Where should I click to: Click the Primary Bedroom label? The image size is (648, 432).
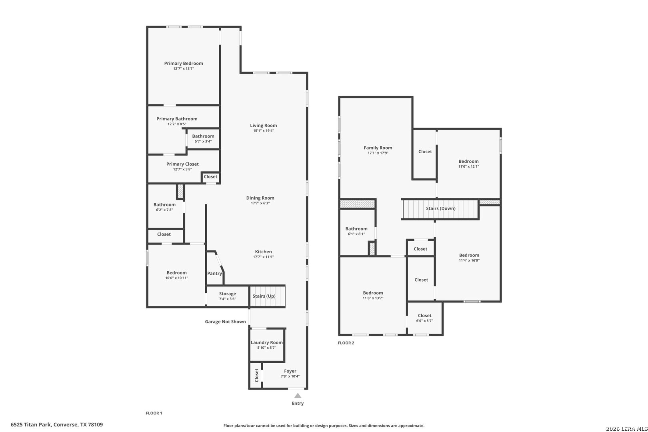pos(184,63)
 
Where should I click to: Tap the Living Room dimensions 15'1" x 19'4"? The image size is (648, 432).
pos(263,131)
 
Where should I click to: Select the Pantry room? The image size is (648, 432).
pos(214,274)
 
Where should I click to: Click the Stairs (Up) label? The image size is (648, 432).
pos(264,296)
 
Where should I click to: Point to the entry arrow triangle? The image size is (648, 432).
pos(298,396)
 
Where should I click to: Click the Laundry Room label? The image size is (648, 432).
pos(266,342)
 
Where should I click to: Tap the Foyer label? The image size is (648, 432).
pos(290,371)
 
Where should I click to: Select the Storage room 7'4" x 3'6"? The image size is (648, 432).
pos(227,296)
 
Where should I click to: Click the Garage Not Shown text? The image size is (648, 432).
pos(225,322)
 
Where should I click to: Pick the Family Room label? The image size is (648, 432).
pos(378,148)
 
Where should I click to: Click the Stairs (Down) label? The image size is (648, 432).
pos(440,208)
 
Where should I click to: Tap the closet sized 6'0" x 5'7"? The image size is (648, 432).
pos(424,318)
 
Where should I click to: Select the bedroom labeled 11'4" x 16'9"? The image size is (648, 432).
pos(469,258)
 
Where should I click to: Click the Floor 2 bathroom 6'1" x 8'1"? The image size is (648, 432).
pos(356,231)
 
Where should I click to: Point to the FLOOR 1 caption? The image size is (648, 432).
pos(154,413)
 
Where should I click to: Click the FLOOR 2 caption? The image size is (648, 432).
pos(346,343)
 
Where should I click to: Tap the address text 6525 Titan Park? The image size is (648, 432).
pos(57,424)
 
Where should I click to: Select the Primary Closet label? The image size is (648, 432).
pos(182,164)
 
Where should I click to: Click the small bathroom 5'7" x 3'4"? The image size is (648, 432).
pos(203,138)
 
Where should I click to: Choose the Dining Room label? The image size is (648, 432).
pos(260,198)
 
